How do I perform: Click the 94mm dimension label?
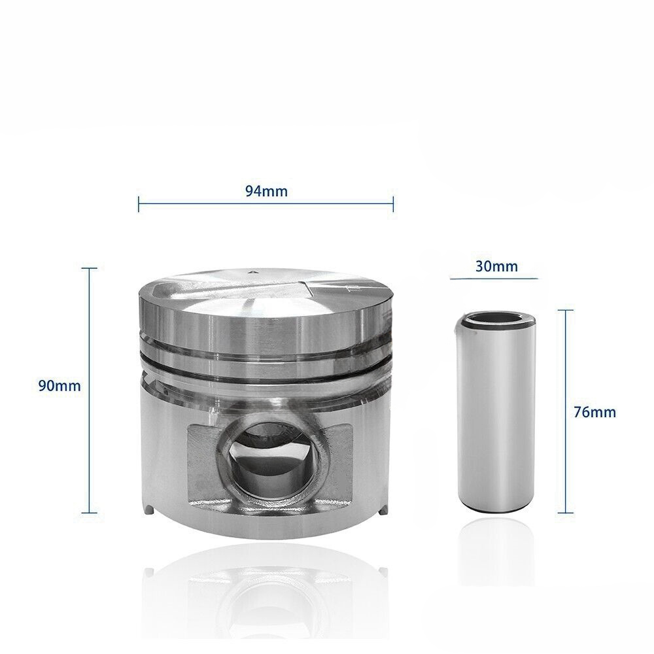tap(266, 192)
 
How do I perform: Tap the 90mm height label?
tap(60, 386)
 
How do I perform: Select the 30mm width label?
tap(496, 266)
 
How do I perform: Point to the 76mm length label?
tap(594, 412)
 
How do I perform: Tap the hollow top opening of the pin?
tap(495, 320)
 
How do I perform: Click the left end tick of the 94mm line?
tap(139, 204)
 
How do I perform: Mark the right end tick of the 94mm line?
tap(393, 204)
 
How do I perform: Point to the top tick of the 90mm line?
tap(89, 269)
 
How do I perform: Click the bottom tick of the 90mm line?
tap(89, 513)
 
